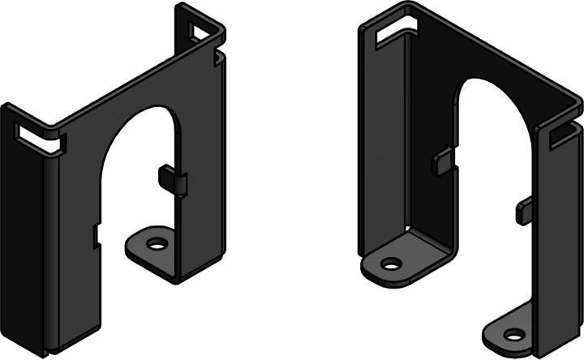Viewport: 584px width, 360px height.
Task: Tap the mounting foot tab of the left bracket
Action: tap(151, 252)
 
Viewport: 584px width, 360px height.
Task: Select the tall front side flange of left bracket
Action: tap(24, 243)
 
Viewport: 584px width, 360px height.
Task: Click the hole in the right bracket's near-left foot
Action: tap(391, 264)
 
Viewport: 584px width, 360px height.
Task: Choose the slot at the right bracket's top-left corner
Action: tap(391, 30)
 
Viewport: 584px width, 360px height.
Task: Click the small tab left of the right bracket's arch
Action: tap(442, 160)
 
